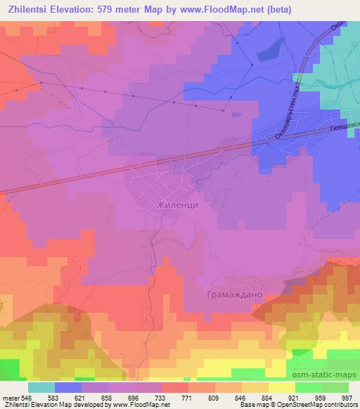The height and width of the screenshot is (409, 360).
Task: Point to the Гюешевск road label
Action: (344, 129)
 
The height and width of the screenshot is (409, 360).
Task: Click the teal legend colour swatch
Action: (41, 387)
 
